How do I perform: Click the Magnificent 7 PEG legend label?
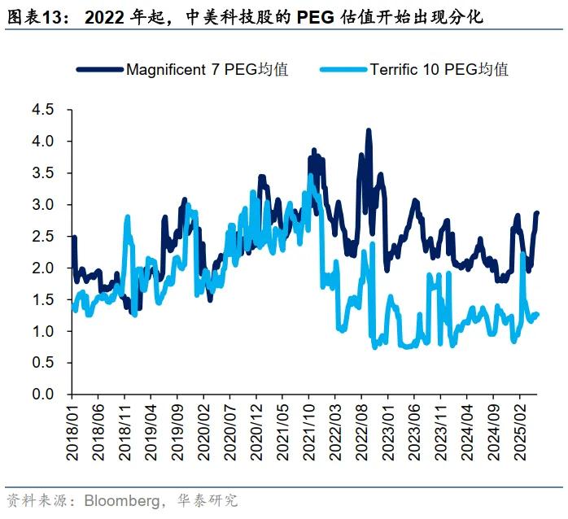[x=207, y=69]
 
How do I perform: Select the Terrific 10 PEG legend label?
[x=439, y=69]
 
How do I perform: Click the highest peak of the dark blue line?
[x=369, y=130]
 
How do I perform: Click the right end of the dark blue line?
[x=537, y=212]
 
